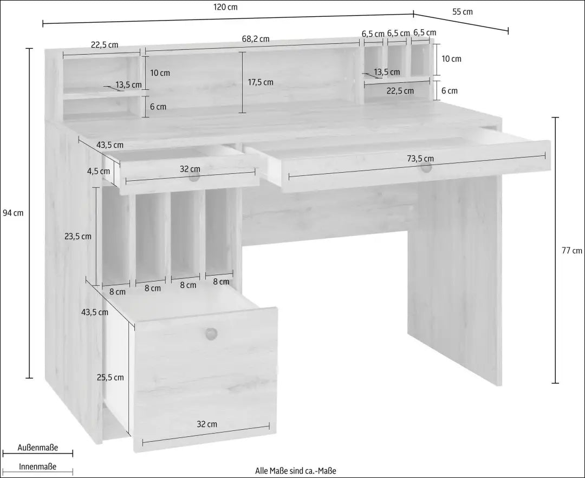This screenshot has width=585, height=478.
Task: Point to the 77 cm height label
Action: click(572, 250)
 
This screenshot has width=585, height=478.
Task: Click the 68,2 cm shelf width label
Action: click(255, 39)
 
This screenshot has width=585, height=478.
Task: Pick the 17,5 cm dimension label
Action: click(261, 82)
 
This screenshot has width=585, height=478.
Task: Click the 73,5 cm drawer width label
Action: click(420, 159)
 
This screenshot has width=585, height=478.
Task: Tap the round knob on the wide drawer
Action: click(426, 168)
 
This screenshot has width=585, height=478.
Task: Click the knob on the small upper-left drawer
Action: click(194, 176)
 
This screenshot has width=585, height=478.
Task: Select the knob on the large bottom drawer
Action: click(211, 333)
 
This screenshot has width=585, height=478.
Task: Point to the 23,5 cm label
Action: click(77, 236)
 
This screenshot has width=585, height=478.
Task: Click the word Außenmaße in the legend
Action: click(37, 448)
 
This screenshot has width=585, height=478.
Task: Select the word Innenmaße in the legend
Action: click(37, 467)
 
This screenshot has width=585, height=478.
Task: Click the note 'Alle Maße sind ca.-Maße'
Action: click(296, 470)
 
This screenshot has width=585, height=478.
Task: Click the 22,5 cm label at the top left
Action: click(104, 45)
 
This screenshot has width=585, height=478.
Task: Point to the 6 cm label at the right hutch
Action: click(449, 91)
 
